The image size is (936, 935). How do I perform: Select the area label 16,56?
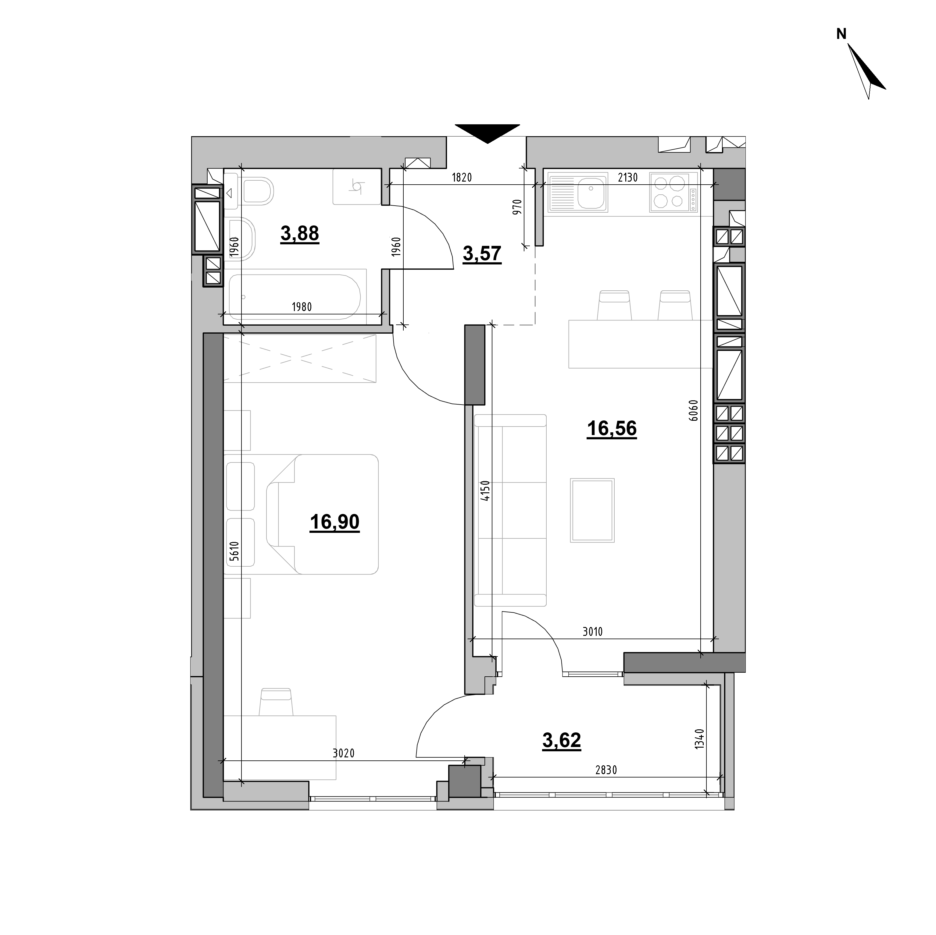(x=611, y=429)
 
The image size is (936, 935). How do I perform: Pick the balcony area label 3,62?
(x=562, y=740)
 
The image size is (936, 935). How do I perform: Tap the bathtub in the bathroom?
(x=295, y=297)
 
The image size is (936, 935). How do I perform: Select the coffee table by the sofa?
(x=592, y=510)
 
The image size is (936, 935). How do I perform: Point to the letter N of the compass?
(x=841, y=34)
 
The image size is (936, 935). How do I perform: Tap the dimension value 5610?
(x=235, y=551)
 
